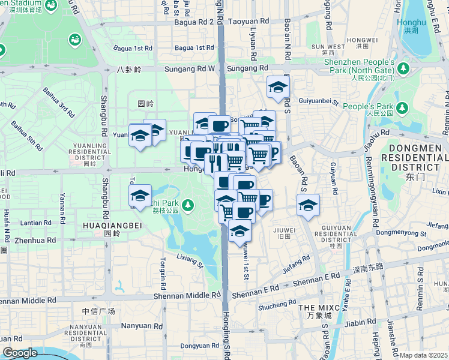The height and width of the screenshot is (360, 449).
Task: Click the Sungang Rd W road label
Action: point(194,69)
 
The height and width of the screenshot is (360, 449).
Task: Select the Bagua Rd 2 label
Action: point(194,22)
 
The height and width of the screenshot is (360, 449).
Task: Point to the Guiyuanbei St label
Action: point(319,103)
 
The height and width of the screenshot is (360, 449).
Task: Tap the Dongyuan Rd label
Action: point(200,346)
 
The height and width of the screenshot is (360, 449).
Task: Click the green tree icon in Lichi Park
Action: point(188,206)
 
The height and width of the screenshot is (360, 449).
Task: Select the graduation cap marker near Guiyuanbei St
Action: point(278,88)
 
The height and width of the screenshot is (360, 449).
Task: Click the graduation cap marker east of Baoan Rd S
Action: point(308,205)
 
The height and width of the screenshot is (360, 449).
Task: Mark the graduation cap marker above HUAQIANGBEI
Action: point(140,196)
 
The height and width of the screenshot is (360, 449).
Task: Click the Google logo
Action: point(20,353)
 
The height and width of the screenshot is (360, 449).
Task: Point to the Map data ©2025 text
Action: point(424,355)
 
